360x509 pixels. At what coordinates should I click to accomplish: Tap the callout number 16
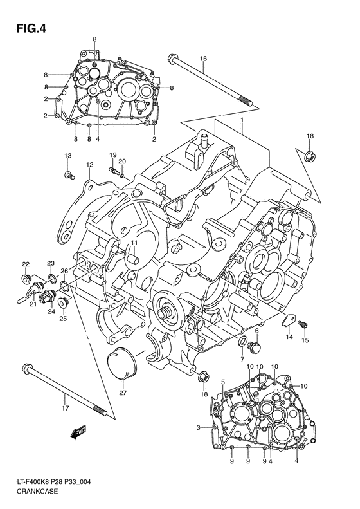coord(203,59)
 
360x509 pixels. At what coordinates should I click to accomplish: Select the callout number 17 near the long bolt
coord(65,408)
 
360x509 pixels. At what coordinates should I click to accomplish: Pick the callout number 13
coord(67,156)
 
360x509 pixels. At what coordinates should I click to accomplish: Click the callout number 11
coord(135,242)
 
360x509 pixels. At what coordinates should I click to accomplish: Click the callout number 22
coord(26,264)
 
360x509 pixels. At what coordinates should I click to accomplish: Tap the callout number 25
coord(63,318)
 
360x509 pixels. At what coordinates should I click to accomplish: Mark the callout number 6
coord(256,330)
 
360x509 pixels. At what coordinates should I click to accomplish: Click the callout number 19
coord(112,155)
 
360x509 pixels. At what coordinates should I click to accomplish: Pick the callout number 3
coord(199,428)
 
